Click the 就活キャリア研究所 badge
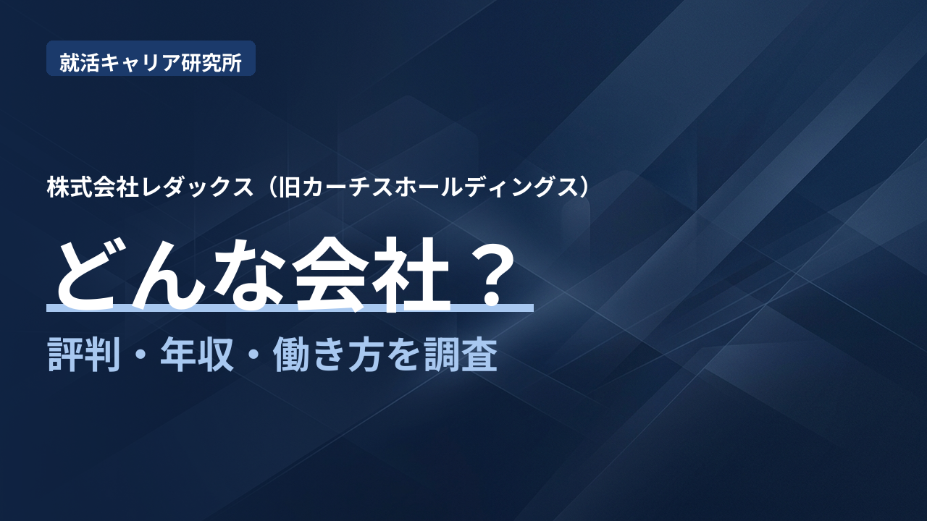tap(151, 59)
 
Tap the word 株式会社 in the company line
tap(92, 187)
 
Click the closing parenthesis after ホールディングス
tap(583, 187)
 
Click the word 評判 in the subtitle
tap(84, 355)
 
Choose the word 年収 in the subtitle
tap(197, 355)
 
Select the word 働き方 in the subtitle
tap(327, 355)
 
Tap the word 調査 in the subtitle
tap(461, 355)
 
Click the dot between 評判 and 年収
tap(140, 355)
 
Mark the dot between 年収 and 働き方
tap(253, 355)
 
